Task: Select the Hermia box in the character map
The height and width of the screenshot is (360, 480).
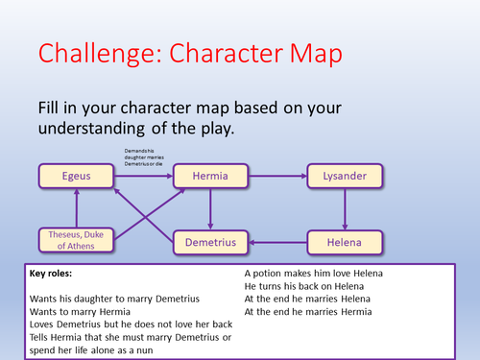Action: tap(210, 177)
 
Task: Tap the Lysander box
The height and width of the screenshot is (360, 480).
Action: tap(344, 177)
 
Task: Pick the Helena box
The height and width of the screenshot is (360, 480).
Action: tap(344, 243)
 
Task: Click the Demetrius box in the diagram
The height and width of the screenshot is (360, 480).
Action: tap(211, 243)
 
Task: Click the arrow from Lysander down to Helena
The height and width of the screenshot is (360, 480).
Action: tap(344, 209)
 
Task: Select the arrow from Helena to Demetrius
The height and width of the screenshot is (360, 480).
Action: tap(277, 243)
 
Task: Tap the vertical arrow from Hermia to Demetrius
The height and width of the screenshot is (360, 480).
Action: tap(210, 209)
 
